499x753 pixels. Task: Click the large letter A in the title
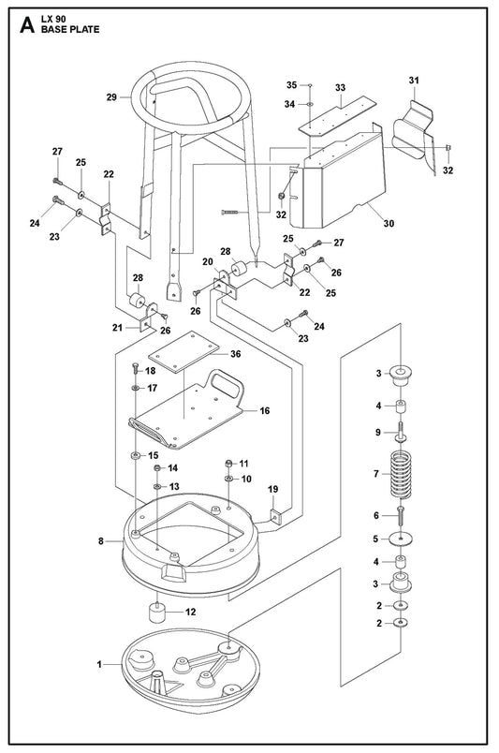(27, 25)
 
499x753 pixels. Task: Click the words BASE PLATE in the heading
(70, 29)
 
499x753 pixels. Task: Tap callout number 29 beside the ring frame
(111, 97)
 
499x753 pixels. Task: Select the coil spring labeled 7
(401, 474)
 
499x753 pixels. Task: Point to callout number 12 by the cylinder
(191, 612)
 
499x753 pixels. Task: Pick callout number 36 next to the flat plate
(236, 354)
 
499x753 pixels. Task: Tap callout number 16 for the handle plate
(265, 410)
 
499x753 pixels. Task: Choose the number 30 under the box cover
(389, 223)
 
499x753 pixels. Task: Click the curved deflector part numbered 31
(414, 135)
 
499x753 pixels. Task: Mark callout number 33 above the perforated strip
(341, 87)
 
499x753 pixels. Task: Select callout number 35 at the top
(291, 85)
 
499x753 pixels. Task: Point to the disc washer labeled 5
(401, 539)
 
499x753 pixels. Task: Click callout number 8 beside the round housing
(101, 541)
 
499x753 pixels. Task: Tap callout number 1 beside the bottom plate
(99, 665)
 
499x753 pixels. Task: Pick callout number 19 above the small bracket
(272, 489)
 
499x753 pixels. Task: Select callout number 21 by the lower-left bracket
(118, 328)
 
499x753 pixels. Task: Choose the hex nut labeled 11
(229, 464)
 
